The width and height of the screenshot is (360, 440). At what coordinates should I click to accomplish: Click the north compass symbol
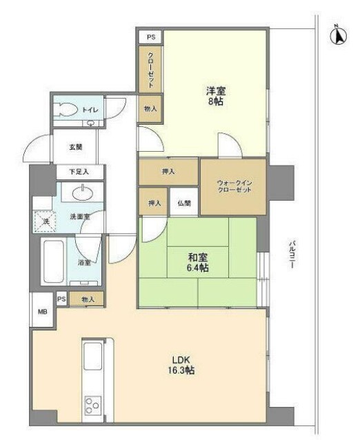pyautogui.click(x=339, y=34)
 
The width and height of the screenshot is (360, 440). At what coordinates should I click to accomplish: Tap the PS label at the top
pyautogui.click(x=150, y=37)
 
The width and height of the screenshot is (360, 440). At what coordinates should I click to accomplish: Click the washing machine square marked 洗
pyautogui.click(x=43, y=221)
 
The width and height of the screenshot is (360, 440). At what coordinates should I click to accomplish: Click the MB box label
pyautogui.click(x=43, y=311)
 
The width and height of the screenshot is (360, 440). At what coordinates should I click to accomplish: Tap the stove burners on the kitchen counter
pyautogui.click(x=93, y=405)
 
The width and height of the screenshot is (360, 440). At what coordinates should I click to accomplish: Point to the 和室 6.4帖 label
pyautogui.click(x=198, y=263)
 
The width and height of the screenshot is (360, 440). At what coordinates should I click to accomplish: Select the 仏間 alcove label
pyautogui.click(x=183, y=203)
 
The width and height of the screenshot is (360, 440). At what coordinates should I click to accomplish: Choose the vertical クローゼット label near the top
pyautogui.click(x=150, y=69)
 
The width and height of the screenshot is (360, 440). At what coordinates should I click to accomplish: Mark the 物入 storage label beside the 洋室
pyautogui.click(x=150, y=109)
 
